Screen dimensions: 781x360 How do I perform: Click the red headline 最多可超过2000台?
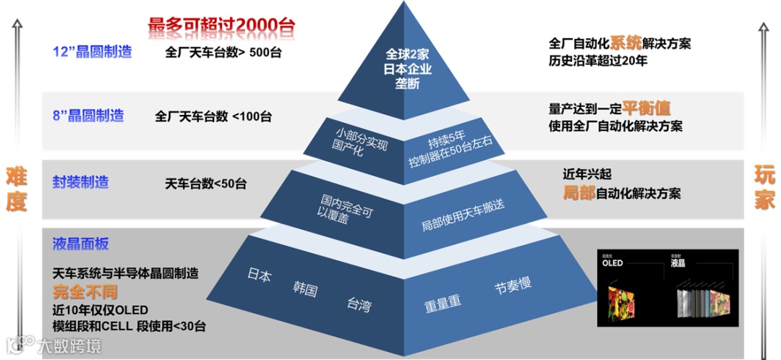pos(221,25)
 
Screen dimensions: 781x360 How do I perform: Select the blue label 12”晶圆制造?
pos(93,52)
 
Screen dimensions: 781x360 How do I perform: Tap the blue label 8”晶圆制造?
pos(88,116)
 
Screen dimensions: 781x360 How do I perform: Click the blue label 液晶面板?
pos(80,244)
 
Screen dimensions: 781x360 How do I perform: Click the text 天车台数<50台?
pos(205,184)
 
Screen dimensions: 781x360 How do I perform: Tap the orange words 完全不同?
pos(85,293)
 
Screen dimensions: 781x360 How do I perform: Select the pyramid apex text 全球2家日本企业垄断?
pos(408,69)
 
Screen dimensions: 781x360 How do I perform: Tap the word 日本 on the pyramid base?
pos(259,275)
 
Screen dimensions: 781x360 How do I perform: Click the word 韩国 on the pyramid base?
pos(305,289)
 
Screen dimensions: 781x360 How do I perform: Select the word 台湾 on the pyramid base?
pos(359,304)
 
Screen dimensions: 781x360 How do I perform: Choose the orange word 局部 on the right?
pos(579,193)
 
